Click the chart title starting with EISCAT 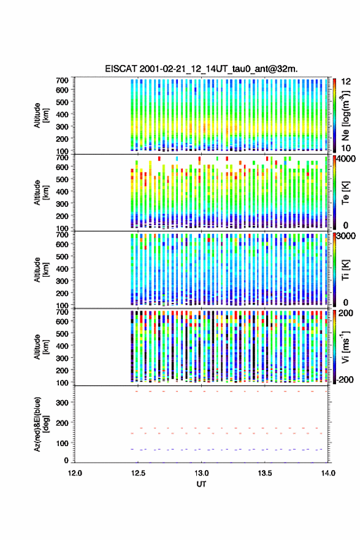201,69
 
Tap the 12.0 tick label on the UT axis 75,473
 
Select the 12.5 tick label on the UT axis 138,473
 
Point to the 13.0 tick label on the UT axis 201,473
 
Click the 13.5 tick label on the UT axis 265,473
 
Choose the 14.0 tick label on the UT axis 328,473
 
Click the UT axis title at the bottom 201,484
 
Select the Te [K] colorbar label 345,193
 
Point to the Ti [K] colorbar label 345,269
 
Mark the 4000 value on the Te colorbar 347,159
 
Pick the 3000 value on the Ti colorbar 347,236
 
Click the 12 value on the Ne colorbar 347,82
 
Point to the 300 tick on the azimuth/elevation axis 63,403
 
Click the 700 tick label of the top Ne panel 63,80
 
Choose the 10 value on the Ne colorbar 347,148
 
